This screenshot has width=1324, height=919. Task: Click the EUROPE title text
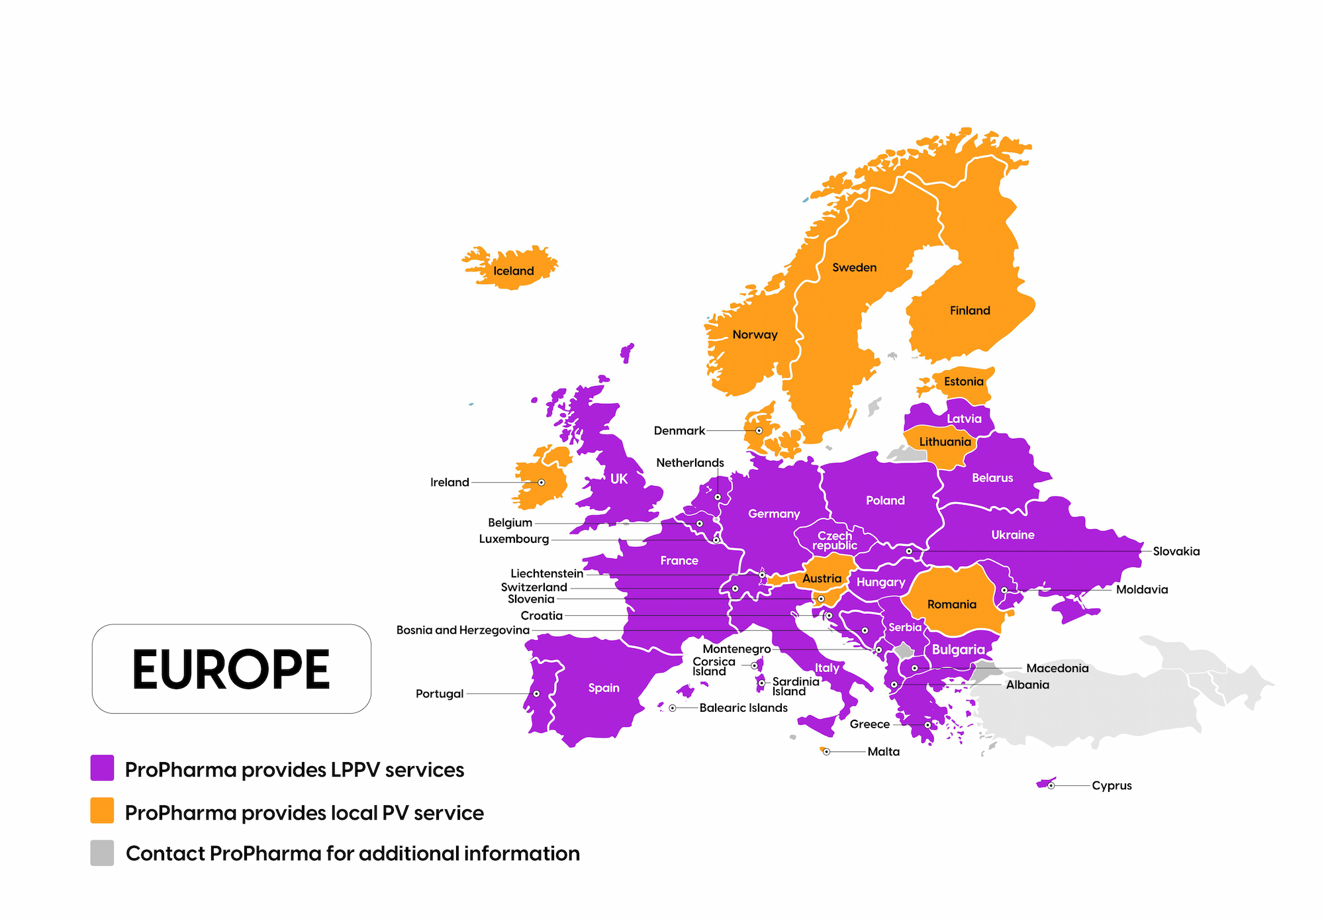tap(231, 669)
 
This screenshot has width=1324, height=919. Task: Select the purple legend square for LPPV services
tap(102, 768)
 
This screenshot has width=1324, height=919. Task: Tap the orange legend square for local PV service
tap(102, 810)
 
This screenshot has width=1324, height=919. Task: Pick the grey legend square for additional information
tap(102, 853)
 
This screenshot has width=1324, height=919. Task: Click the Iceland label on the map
tap(514, 271)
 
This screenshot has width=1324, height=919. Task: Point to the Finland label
tap(970, 311)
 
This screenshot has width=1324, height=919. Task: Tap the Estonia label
tap(963, 381)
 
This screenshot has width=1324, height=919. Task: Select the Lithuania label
tap(945, 442)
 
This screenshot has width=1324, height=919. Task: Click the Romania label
tap(951, 604)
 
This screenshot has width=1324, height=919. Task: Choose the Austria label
tap(822, 578)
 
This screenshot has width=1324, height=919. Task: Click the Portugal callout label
tap(440, 693)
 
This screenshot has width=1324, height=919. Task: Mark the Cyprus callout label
tap(1111, 785)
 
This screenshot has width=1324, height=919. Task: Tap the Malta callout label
tap(883, 751)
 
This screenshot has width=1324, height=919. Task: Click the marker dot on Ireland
tap(542, 482)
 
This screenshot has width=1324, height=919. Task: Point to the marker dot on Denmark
tap(759, 430)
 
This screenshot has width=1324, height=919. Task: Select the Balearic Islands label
tap(743, 708)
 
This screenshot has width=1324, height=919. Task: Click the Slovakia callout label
tap(1176, 551)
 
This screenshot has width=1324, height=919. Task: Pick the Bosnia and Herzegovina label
tap(463, 630)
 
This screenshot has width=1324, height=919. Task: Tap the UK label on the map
tap(618, 479)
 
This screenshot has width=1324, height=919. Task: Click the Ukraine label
tap(1012, 534)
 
